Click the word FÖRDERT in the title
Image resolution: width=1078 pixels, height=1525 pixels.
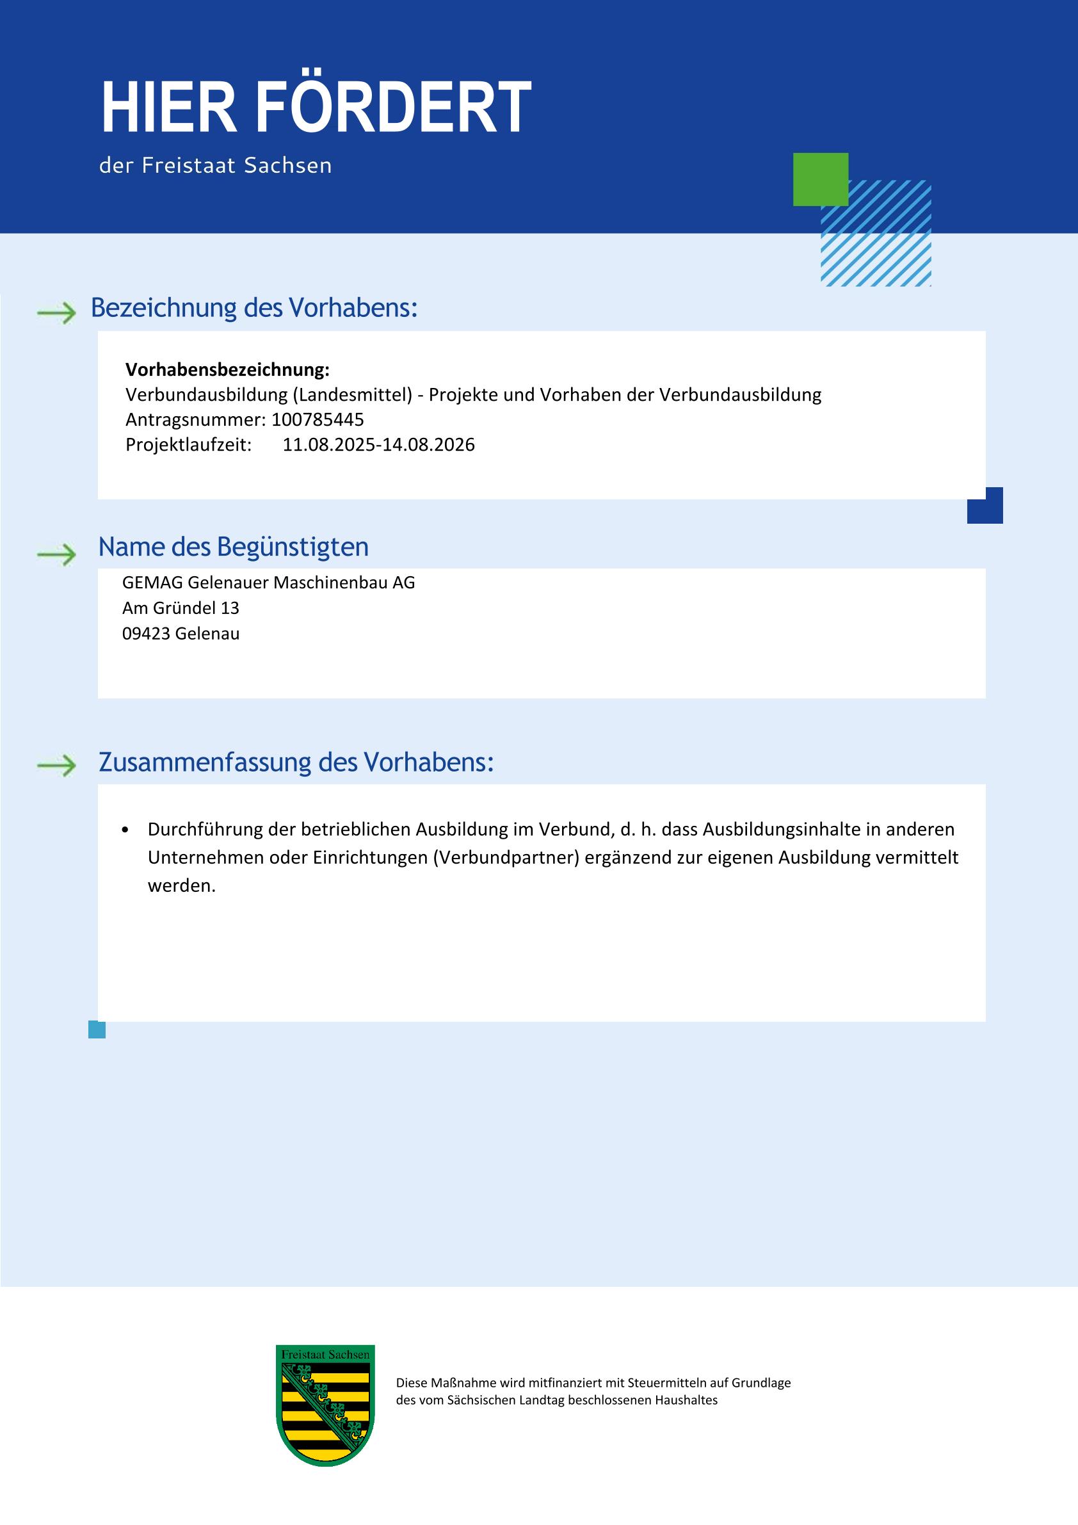point(393,108)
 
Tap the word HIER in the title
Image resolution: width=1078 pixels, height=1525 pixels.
point(169,108)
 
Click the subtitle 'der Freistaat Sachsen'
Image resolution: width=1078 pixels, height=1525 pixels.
point(215,165)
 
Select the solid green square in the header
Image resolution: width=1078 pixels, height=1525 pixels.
point(820,179)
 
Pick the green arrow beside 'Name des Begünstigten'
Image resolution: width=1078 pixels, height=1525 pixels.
point(57,554)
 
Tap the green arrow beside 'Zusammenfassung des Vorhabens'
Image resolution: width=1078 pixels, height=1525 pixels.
point(57,766)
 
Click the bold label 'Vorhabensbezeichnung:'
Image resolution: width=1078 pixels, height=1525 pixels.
point(227,369)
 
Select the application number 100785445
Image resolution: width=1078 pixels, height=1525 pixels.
point(318,420)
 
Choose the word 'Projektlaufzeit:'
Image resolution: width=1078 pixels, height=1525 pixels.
point(189,445)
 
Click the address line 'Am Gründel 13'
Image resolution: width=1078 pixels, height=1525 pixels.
point(181,608)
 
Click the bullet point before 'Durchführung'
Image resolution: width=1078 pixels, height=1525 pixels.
point(125,830)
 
